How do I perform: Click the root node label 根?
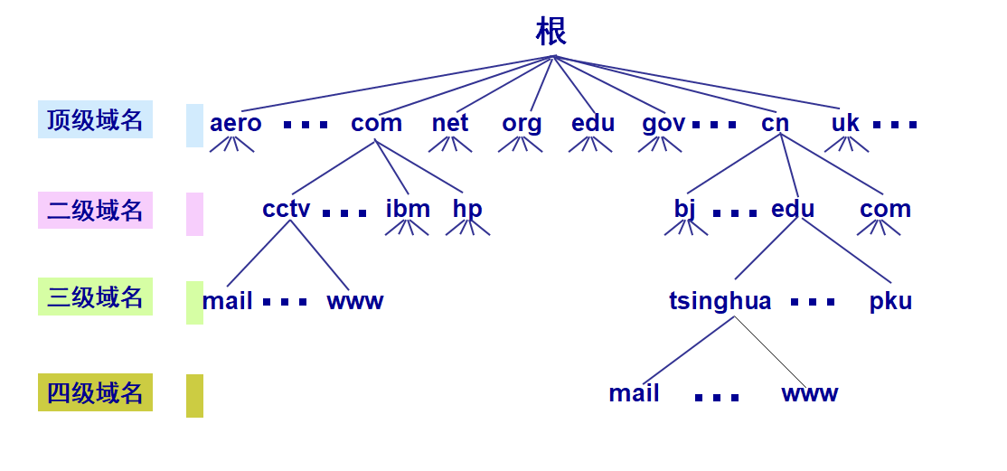(551, 32)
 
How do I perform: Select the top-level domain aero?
(236, 123)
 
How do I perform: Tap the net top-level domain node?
(450, 123)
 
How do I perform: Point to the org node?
(522, 123)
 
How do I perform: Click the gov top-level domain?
(663, 123)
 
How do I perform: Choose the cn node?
(775, 123)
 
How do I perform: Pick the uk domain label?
(845, 123)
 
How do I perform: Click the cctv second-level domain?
(287, 209)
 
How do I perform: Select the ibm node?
(408, 209)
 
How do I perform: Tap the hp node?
(467, 209)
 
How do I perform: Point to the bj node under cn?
(685, 209)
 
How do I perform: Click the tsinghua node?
(720, 301)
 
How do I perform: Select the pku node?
(890, 301)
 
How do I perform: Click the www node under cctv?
(355, 301)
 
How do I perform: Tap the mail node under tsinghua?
(634, 393)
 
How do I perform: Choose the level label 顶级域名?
(95, 119)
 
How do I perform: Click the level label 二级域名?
(95, 210)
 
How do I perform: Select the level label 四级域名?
(95, 392)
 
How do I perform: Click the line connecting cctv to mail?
(259, 253)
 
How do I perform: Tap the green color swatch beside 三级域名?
(194, 302)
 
